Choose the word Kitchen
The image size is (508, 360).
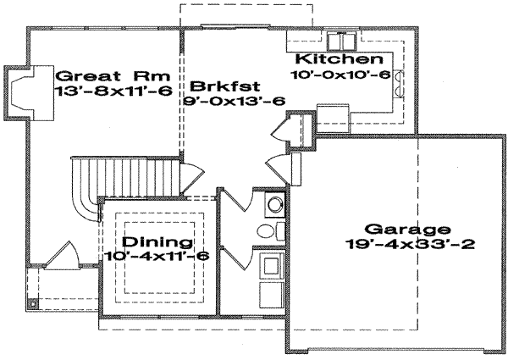[x=333, y=60]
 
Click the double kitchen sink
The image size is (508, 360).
[x=347, y=41]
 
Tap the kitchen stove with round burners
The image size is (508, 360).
[x=397, y=80]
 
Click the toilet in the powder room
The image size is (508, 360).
[x=265, y=231]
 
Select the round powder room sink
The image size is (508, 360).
[x=273, y=204]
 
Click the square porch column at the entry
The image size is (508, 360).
[x=33, y=302]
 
